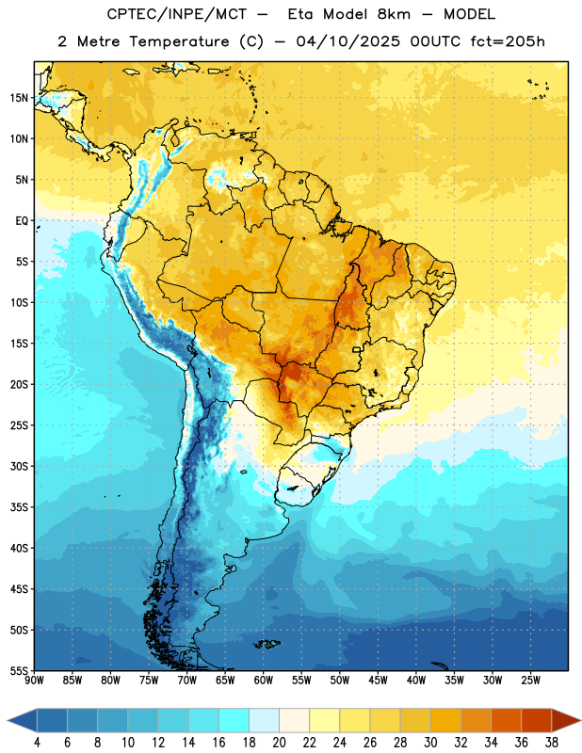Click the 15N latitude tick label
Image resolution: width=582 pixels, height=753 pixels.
click(19, 98)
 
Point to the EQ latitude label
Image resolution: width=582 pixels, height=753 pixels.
click(22, 221)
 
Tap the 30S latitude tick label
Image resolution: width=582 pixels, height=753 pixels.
click(19, 466)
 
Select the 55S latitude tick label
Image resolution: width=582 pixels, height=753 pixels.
click(19, 671)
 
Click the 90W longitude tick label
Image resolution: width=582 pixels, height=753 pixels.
click(34, 681)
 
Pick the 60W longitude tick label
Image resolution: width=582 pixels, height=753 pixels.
click(264, 681)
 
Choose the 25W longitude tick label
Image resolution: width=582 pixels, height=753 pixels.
click(530, 681)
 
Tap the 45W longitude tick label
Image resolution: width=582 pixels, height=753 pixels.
click(378, 681)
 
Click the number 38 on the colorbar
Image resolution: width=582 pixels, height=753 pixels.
click(552, 743)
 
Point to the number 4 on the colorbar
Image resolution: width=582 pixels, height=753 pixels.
click(37, 743)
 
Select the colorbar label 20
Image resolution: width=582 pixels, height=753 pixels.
click(279, 743)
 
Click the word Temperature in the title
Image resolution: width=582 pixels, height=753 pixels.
click(179, 41)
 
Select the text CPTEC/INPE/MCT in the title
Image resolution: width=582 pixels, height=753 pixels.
click(177, 14)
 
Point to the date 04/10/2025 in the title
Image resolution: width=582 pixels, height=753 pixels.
click(348, 41)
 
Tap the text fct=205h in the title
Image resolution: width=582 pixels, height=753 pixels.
click(508, 41)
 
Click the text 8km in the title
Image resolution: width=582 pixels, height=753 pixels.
click(394, 14)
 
